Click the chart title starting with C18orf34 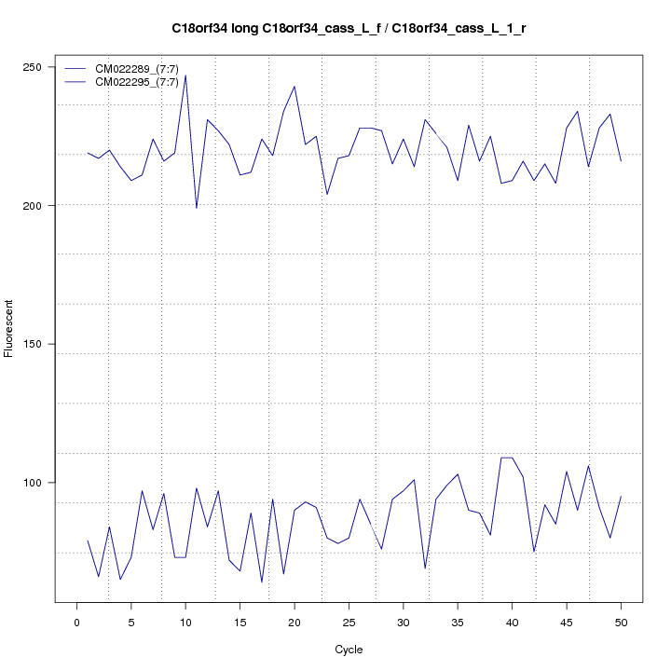point(349,29)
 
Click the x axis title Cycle point(349,650)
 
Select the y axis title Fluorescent point(10,328)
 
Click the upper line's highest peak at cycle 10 point(185,75)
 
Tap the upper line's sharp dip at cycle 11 point(197,208)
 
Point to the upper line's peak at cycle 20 point(294,87)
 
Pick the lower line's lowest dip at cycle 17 point(262,582)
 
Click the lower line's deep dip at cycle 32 point(425,568)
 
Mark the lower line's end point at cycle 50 point(621,497)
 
